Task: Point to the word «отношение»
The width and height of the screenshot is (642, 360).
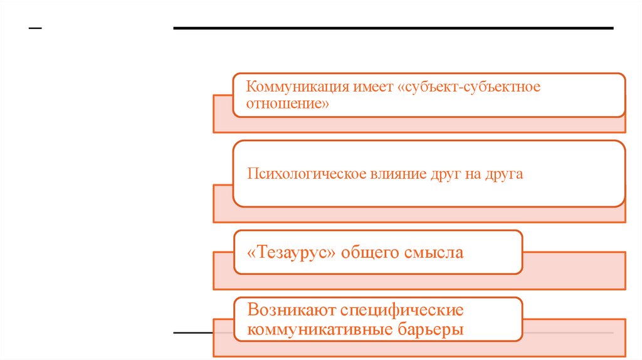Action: [288, 103]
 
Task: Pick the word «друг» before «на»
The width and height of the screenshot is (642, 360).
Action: [436, 174]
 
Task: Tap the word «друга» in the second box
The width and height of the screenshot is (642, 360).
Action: [503, 174]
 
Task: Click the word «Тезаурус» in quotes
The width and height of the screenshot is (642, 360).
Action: [293, 253]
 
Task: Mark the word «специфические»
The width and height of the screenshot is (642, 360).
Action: [402, 310]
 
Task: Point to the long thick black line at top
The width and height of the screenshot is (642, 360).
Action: [393, 28]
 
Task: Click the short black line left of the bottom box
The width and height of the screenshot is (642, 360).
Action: [193, 332]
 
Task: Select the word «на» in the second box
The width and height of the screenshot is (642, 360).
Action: [471, 174]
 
